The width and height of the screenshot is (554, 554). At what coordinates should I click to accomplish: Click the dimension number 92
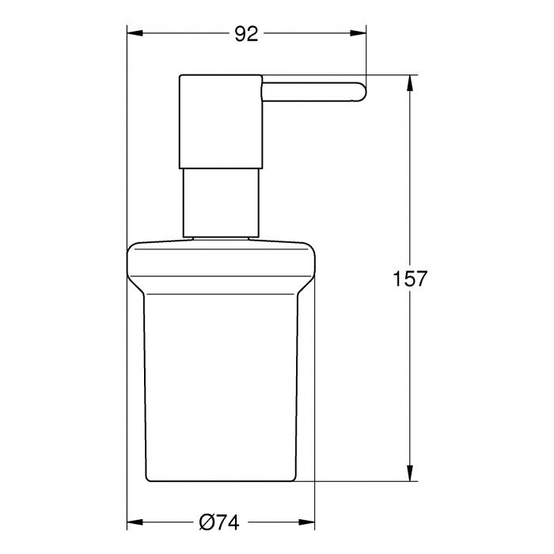click(x=247, y=33)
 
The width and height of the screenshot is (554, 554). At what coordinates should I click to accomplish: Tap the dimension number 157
click(x=410, y=279)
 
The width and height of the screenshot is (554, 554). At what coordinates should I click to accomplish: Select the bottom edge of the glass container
click(x=221, y=480)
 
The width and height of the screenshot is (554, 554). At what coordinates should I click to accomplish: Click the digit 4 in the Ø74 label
click(x=233, y=522)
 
